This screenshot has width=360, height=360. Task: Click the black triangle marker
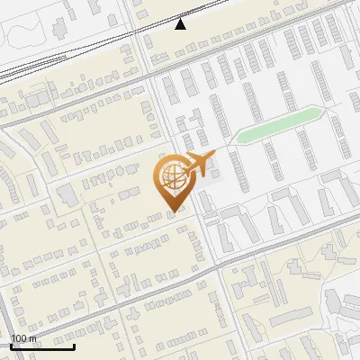[181, 24]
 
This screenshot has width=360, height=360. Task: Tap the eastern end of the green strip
[321, 112]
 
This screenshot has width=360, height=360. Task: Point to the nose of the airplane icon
[214, 159]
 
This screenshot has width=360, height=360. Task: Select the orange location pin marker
[170, 183]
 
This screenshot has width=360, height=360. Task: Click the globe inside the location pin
[170, 175]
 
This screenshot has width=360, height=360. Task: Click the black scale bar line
[41, 346]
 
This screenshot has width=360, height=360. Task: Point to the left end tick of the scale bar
[10, 346]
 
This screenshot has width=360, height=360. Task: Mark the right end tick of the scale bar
[74, 346]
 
